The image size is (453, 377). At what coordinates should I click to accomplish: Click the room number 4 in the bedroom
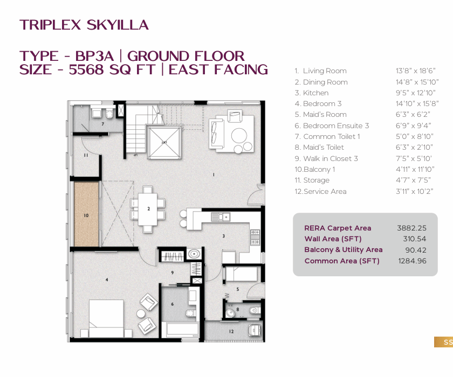click(107, 280)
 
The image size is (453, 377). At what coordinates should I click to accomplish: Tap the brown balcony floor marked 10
click(86, 214)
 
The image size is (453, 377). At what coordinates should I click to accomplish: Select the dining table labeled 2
click(148, 209)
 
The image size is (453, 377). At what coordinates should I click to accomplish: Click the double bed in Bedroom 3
click(106, 318)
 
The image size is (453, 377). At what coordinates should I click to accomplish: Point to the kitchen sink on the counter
click(221, 217)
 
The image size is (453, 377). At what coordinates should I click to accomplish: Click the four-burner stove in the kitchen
click(255, 237)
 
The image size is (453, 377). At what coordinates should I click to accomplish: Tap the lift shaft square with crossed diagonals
click(164, 142)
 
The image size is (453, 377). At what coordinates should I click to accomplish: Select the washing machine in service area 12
click(255, 330)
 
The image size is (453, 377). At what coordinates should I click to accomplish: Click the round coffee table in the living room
click(239, 135)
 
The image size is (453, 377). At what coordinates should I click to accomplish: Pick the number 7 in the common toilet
click(102, 124)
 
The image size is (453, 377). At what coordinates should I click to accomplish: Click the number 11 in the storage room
click(86, 155)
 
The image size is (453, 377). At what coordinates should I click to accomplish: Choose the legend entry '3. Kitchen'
click(312, 93)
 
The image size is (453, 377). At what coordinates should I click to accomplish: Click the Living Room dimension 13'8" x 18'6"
click(415, 71)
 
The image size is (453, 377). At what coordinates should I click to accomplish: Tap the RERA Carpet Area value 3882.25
click(411, 228)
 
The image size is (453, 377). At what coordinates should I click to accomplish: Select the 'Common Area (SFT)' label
click(342, 261)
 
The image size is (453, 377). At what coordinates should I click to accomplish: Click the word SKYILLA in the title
click(118, 25)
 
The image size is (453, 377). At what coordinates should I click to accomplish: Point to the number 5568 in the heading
click(86, 69)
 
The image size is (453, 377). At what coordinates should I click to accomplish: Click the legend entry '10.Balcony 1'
click(314, 169)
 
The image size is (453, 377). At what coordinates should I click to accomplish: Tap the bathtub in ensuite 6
click(180, 330)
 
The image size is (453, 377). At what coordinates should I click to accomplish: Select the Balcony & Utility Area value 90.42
click(416, 250)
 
